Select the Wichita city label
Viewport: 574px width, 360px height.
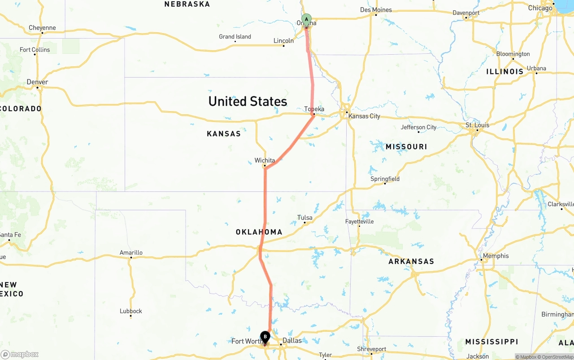[265, 160]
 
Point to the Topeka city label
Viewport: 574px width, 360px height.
[314, 109]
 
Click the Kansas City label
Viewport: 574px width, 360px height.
[364, 116]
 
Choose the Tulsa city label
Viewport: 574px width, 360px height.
[305, 218]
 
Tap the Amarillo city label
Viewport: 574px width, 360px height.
[131, 252]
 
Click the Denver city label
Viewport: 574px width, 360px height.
[37, 82]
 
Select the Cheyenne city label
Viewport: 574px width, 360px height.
[42, 28]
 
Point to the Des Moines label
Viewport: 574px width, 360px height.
[376, 10]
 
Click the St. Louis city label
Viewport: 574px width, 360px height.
[477, 125]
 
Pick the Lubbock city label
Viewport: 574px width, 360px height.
[131, 311]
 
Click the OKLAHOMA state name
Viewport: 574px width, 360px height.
[259, 232]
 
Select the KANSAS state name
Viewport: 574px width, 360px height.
[224, 134]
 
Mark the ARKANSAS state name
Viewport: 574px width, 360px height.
[411, 261]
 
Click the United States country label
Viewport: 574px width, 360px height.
[248, 101]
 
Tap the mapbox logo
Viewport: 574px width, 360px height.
[20, 354]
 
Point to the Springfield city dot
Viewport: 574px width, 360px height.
[385, 183]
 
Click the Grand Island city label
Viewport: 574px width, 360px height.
[235, 37]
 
